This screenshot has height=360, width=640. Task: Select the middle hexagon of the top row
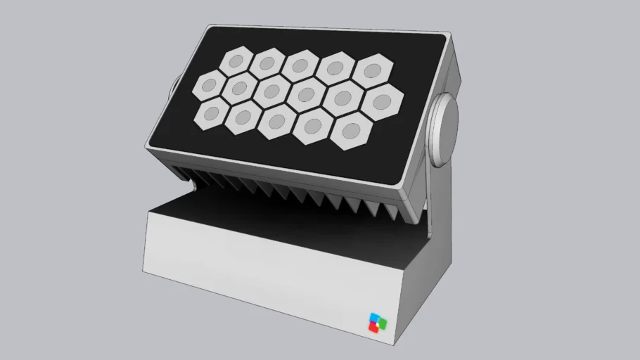(x=300, y=65)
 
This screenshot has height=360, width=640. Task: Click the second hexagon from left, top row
(x=267, y=63)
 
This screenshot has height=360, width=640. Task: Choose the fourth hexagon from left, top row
(x=335, y=68)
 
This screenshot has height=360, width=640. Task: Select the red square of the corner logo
(x=375, y=326)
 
